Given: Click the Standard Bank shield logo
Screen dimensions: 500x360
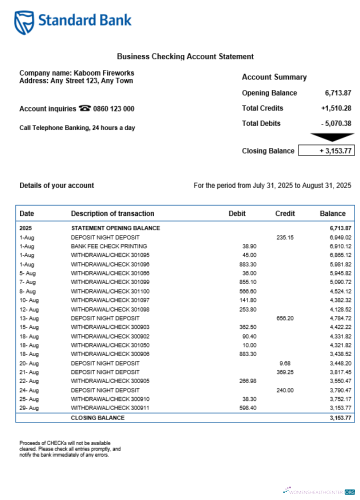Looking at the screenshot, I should [x=24, y=22].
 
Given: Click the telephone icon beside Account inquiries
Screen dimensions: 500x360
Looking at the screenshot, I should [x=84, y=108].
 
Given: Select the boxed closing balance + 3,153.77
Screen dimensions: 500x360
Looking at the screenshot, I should [x=326, y=150].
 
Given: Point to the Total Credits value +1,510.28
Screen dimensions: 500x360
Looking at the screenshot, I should [x=336, y=108].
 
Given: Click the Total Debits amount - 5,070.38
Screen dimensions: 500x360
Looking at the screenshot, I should [x=336, y=123].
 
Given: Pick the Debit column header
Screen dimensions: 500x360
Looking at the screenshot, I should [x=237, y=213].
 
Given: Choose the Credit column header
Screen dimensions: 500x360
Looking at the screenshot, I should [x=285, y=213].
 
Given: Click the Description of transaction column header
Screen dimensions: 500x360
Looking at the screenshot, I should [x=112, y=213].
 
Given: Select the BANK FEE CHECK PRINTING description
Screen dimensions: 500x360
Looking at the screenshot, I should [x=109, y=246].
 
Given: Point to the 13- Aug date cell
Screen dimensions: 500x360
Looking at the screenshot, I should [x=29, y=318].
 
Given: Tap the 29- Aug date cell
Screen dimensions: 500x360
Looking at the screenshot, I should [x=29, y=408].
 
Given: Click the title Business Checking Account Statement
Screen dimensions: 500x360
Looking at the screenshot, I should [x=185, y=56].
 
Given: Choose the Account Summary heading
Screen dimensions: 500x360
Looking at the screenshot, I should [x=274, y=77].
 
